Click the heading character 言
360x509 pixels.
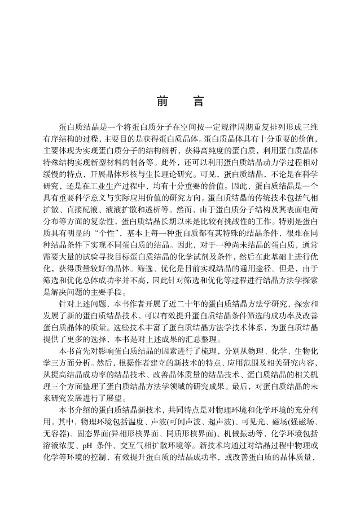click(x=197, y=102)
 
